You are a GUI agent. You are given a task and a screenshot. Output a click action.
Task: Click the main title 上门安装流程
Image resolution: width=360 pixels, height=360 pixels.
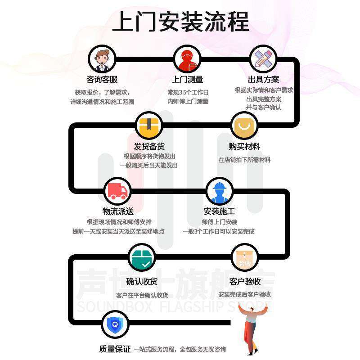tap(180, 22)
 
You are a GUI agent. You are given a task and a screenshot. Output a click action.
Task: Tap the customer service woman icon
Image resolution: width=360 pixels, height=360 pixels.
tap(102, 59)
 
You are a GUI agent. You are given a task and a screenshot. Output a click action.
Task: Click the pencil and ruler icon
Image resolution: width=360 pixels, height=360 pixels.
tap(264, 59)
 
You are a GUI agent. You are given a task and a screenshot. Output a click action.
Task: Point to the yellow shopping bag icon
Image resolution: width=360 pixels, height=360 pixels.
tap(244, 126)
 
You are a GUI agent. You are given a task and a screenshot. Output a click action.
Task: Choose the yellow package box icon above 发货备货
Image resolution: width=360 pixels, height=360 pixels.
tap(149, 126)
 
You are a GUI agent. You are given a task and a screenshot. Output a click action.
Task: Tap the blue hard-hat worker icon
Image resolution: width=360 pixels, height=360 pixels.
tap(220, 191)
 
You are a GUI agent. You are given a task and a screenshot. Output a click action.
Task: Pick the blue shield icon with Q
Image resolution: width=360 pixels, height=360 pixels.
tap(115, 323)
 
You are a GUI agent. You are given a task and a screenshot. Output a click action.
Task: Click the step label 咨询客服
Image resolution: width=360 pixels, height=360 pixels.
tap(102, 80)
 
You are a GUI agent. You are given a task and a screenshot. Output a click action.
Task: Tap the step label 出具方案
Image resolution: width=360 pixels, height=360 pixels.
tap(264, 80)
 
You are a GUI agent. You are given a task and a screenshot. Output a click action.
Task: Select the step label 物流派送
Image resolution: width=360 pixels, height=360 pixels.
tap(118, 211)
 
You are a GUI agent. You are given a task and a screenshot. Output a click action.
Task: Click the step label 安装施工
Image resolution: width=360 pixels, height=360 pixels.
tap(219, 211)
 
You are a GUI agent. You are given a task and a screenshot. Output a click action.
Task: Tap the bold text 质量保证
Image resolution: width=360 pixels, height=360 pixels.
tap(115, 349)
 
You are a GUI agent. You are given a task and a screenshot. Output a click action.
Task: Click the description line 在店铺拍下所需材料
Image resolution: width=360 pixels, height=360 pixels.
tap(244, 160)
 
